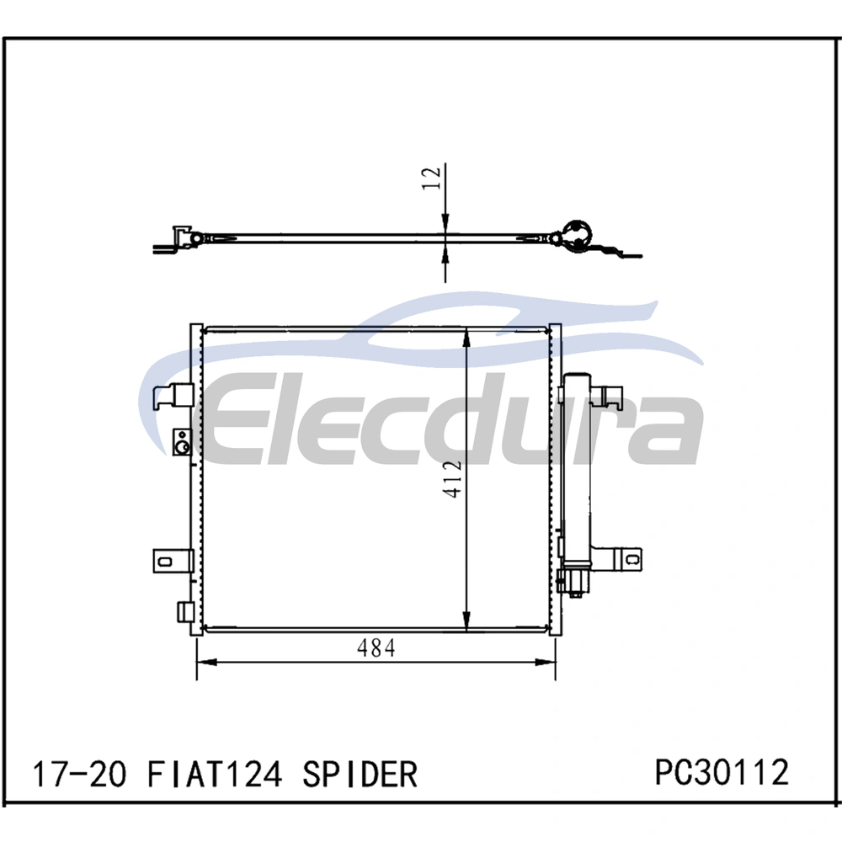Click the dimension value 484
[x=376, y=648]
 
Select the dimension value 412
[x=452, y=478]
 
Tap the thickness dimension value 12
[x=432, y=179]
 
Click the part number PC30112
[x=722, y=771]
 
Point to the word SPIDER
[x=360, y=774]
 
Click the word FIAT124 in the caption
[x=214, y=774]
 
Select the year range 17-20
[x=80, y=774]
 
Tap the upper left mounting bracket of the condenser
[x=173, y=397]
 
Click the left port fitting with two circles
[x=182, y=442]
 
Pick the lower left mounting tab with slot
[x=173, y=561]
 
